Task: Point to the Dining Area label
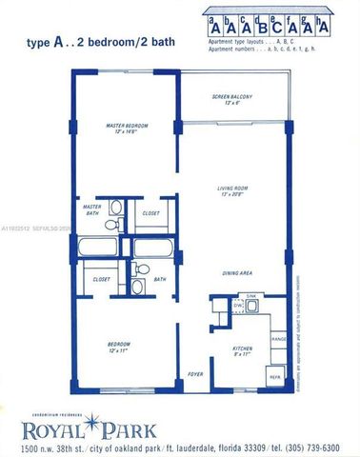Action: coord(237,273)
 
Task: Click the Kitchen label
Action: coord(243,348)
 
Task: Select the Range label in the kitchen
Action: coord(279,338)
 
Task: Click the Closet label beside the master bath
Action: coord(150,213)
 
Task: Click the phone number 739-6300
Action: coord(315,446)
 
